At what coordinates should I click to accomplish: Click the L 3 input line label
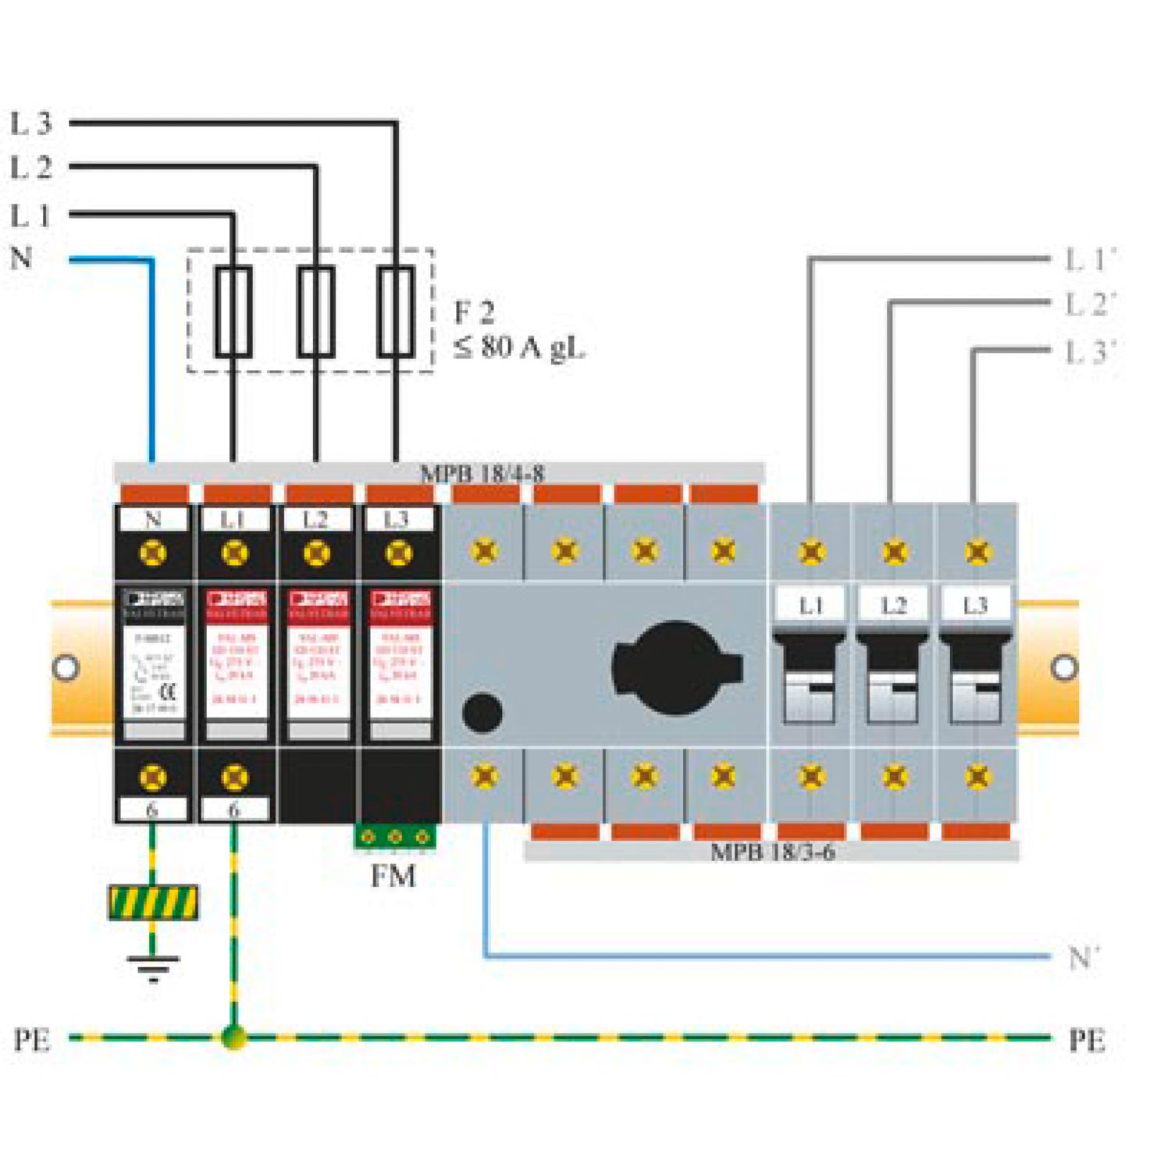tap(30, 123)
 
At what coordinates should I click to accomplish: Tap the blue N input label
tap(21, 257)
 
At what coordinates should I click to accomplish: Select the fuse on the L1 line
tap(233, 311)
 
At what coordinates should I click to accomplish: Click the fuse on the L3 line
tap(396, 311)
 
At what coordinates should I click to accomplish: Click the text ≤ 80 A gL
tap(519, 347)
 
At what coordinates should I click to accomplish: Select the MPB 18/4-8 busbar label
tap(482, 473)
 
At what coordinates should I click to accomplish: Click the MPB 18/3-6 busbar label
tap(772, 851)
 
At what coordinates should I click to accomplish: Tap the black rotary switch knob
tap(674, 668)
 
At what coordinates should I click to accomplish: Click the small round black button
tap(482, 712)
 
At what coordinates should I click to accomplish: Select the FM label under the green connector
tap(393, 876)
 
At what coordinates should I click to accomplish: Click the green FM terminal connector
tap(395, 837)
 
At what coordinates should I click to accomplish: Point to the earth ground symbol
tap(153, 966)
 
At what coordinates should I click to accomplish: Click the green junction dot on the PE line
tap(233, 1038)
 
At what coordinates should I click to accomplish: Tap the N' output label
tap(1084, 956)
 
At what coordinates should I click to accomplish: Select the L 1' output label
tap(1090, 259)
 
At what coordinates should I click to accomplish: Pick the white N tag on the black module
tap(153, 519)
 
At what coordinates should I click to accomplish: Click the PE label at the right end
tap(1087, 1040)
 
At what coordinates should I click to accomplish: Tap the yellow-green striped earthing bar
tap(153, 903)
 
